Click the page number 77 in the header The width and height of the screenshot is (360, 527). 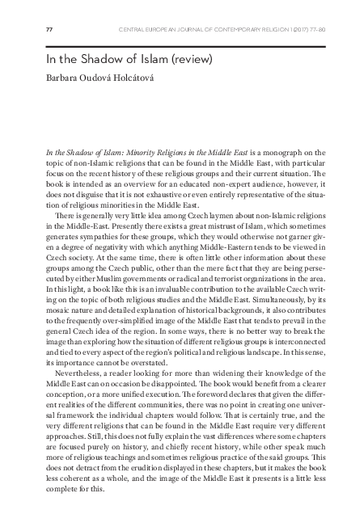49,31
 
